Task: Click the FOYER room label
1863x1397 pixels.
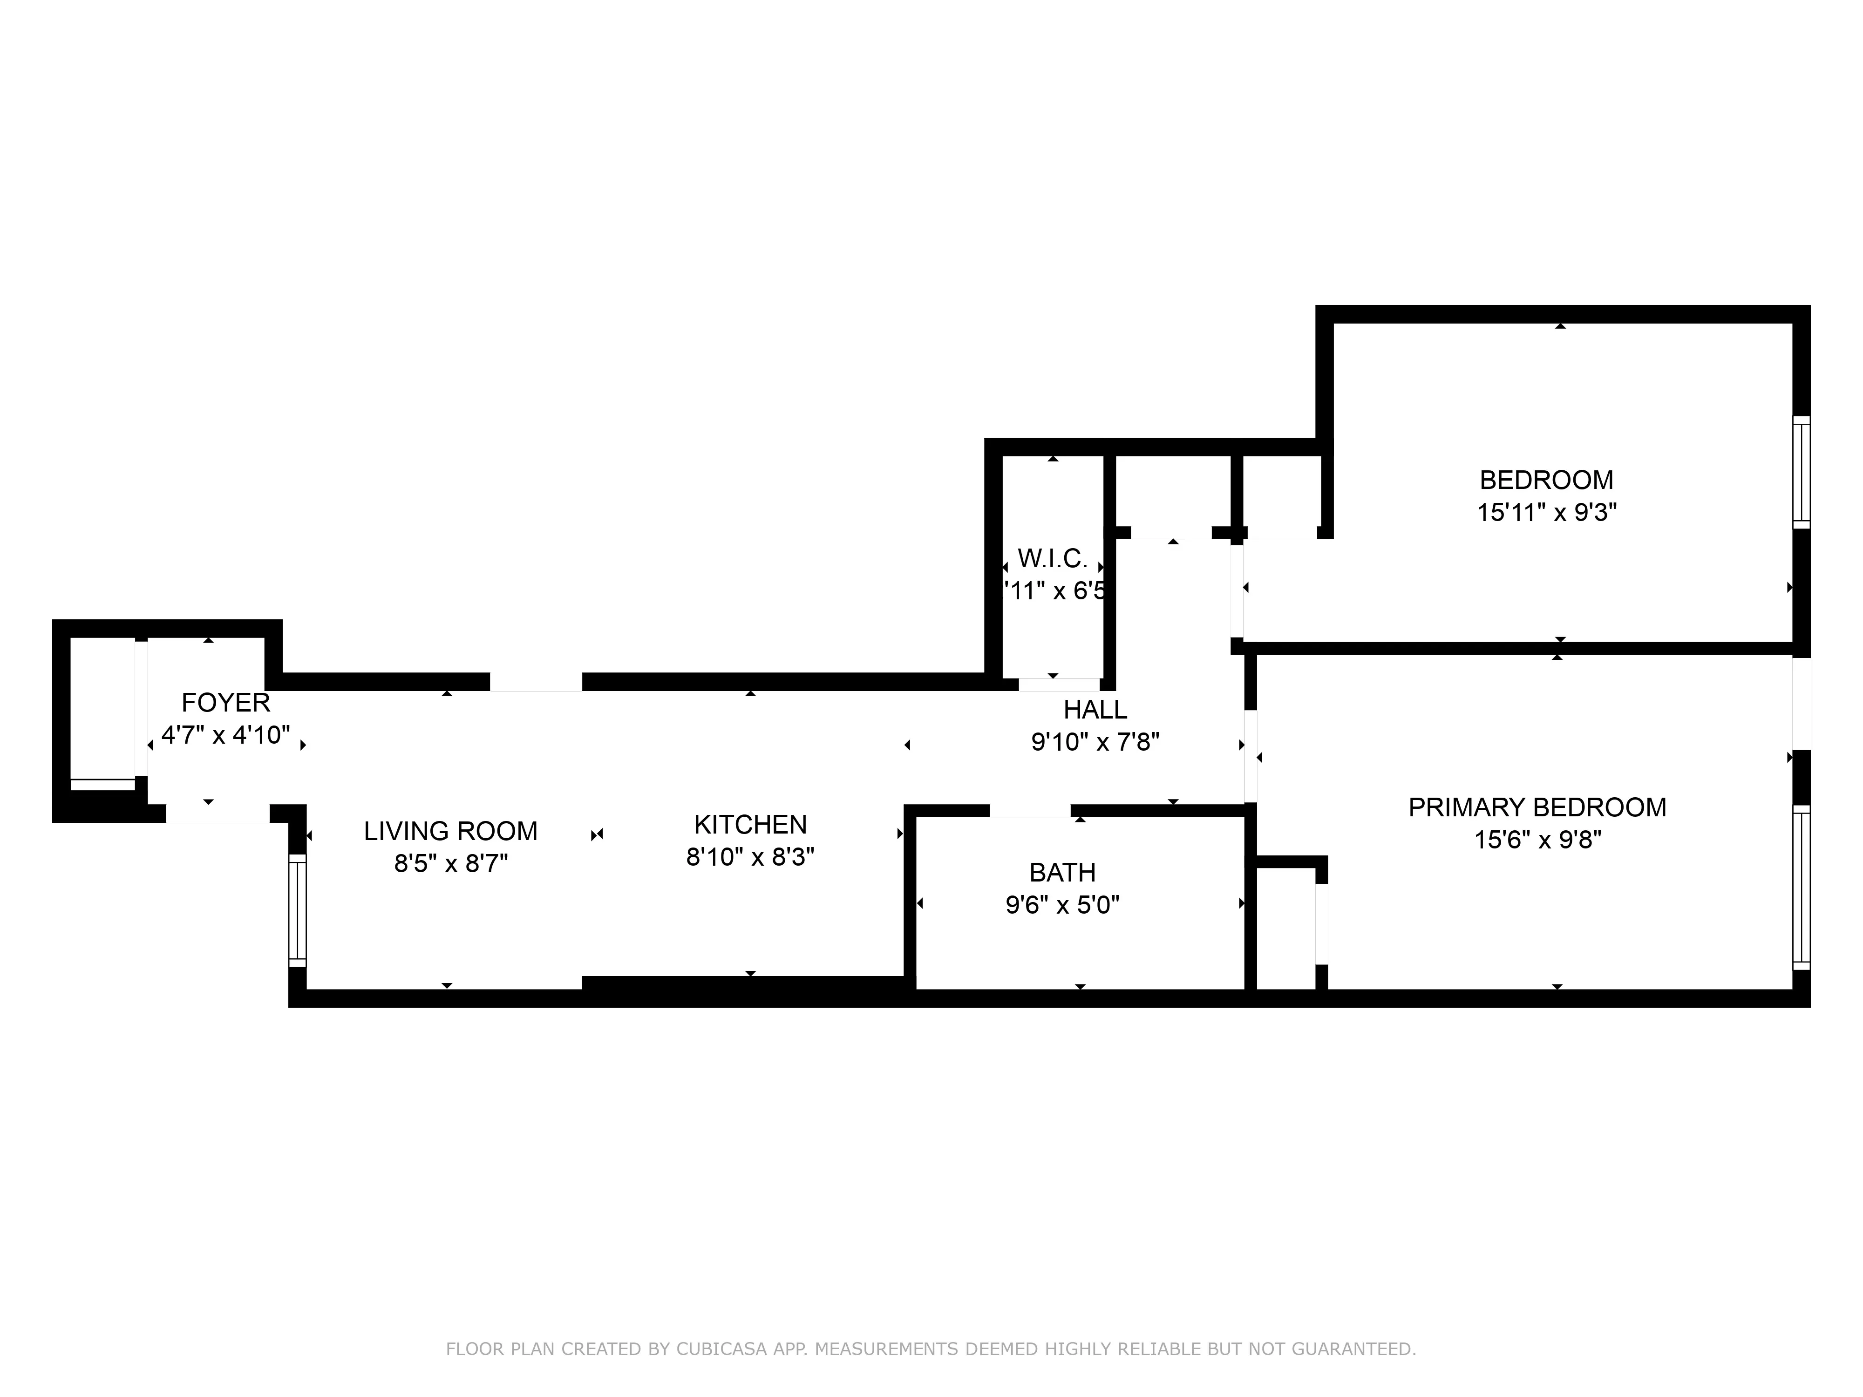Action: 226,702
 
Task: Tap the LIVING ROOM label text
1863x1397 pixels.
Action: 450,831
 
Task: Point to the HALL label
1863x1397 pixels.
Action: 1095,710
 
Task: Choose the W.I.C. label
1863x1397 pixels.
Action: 1052,558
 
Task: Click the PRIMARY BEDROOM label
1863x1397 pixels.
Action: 1537,807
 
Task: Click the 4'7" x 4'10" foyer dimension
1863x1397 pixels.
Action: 226,735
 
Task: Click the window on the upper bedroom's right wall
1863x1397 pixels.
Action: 1801,472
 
